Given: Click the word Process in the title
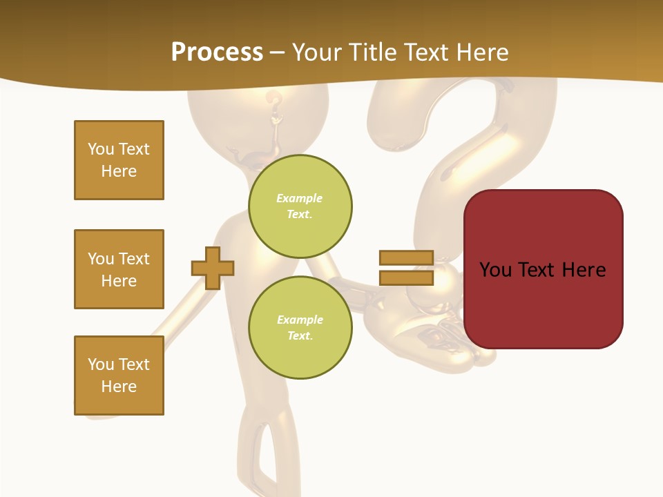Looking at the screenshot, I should [217, 52].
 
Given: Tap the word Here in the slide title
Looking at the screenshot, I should [479, 52].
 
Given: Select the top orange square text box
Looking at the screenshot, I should [119, 160].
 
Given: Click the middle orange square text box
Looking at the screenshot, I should [119, 269].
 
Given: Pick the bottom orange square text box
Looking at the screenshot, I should [119, 376].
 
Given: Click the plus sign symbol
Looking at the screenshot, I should [213, 268].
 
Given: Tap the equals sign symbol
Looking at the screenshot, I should [406, 268].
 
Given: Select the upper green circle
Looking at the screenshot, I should [300, 206].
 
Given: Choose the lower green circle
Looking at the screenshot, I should [300, 328].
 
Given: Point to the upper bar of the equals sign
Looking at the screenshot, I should [406, 258].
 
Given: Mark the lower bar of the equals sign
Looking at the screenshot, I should [406, 277].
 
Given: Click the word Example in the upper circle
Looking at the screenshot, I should [300, 198].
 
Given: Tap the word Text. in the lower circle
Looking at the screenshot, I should [300, 336].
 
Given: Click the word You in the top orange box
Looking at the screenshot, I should [101, 149].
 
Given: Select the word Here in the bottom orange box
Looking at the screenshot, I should [119, 387].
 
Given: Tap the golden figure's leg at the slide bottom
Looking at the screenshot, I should [259, 456].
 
